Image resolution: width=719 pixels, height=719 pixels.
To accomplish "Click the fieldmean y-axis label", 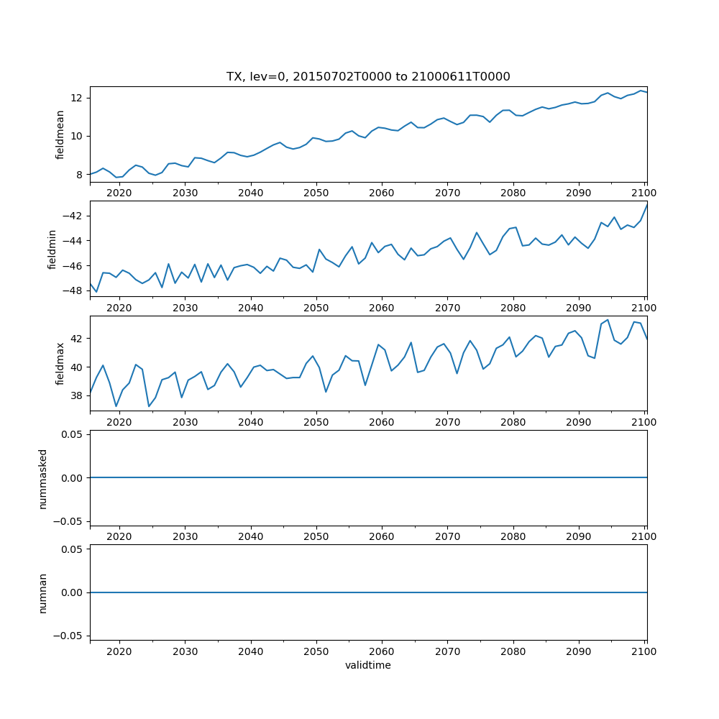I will click(x=60, y=134).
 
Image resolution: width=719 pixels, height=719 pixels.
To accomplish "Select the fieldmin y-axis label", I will click(x=52, y=249).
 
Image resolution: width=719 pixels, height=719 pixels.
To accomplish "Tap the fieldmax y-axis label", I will click(x=60, y=363).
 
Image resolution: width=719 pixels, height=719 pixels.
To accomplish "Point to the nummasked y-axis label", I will click(x=43, y=477).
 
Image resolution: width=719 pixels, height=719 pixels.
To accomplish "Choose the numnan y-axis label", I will click(x=43, y=592).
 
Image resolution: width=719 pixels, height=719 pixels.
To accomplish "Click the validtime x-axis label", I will click(x=368, y=666).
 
